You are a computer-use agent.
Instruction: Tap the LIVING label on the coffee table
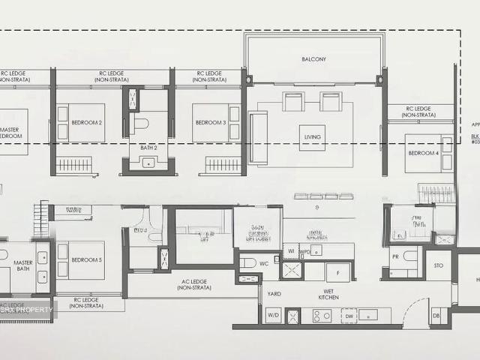[312, 137]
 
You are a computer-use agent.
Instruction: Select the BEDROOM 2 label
[86, 122]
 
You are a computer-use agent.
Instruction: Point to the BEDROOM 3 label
[210, 122]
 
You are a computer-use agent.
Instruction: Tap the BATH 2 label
[148, 148]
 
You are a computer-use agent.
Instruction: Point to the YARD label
[274, 294]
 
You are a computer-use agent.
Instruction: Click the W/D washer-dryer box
[274, 316]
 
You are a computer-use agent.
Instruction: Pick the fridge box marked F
[337, 271]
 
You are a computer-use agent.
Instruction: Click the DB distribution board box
[435, 316]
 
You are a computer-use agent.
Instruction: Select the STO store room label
[437, 265]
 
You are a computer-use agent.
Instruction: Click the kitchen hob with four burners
[322, 316]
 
